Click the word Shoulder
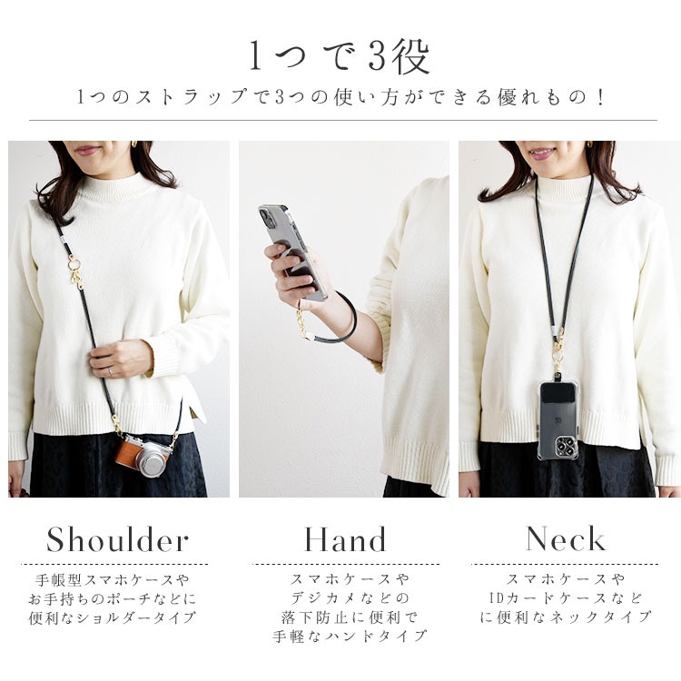[117, 540]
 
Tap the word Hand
[345, 540]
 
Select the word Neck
[565, 539]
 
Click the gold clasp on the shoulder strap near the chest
[76, 267]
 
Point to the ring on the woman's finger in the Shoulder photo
[111, 370]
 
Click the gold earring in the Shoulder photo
[134, 145]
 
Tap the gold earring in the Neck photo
[588, 145]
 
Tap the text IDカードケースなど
[565, 597]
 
